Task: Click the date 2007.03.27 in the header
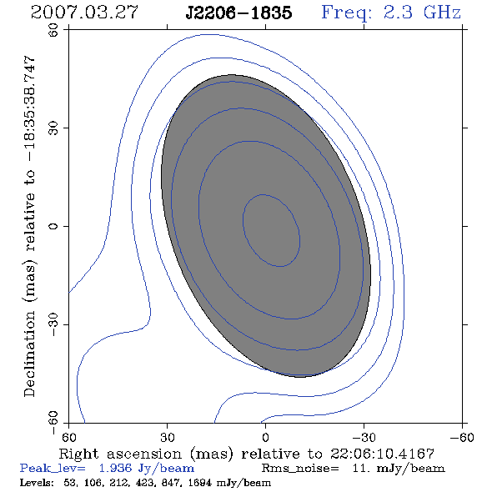pos(84,13)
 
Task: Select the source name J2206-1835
pos(238,13)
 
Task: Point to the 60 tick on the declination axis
pos(53,30)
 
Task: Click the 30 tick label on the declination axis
pos(53,128)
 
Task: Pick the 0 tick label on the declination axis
pos(53,226)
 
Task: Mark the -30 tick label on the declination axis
pos(53,324)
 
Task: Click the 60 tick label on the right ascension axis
pos(68,438)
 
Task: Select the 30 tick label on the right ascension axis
pos(167,438)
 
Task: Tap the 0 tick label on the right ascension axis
pos(265,438)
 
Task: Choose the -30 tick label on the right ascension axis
pos(364,438)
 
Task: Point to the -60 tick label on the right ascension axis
pos(462,438)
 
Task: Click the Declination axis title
pos(29,226)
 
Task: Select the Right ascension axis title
pos(246,454)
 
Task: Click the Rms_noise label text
pos(300,469)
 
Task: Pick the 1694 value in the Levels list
pos(201,483)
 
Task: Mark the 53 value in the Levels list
pos(69,483)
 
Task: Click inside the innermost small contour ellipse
pos(271,231)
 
